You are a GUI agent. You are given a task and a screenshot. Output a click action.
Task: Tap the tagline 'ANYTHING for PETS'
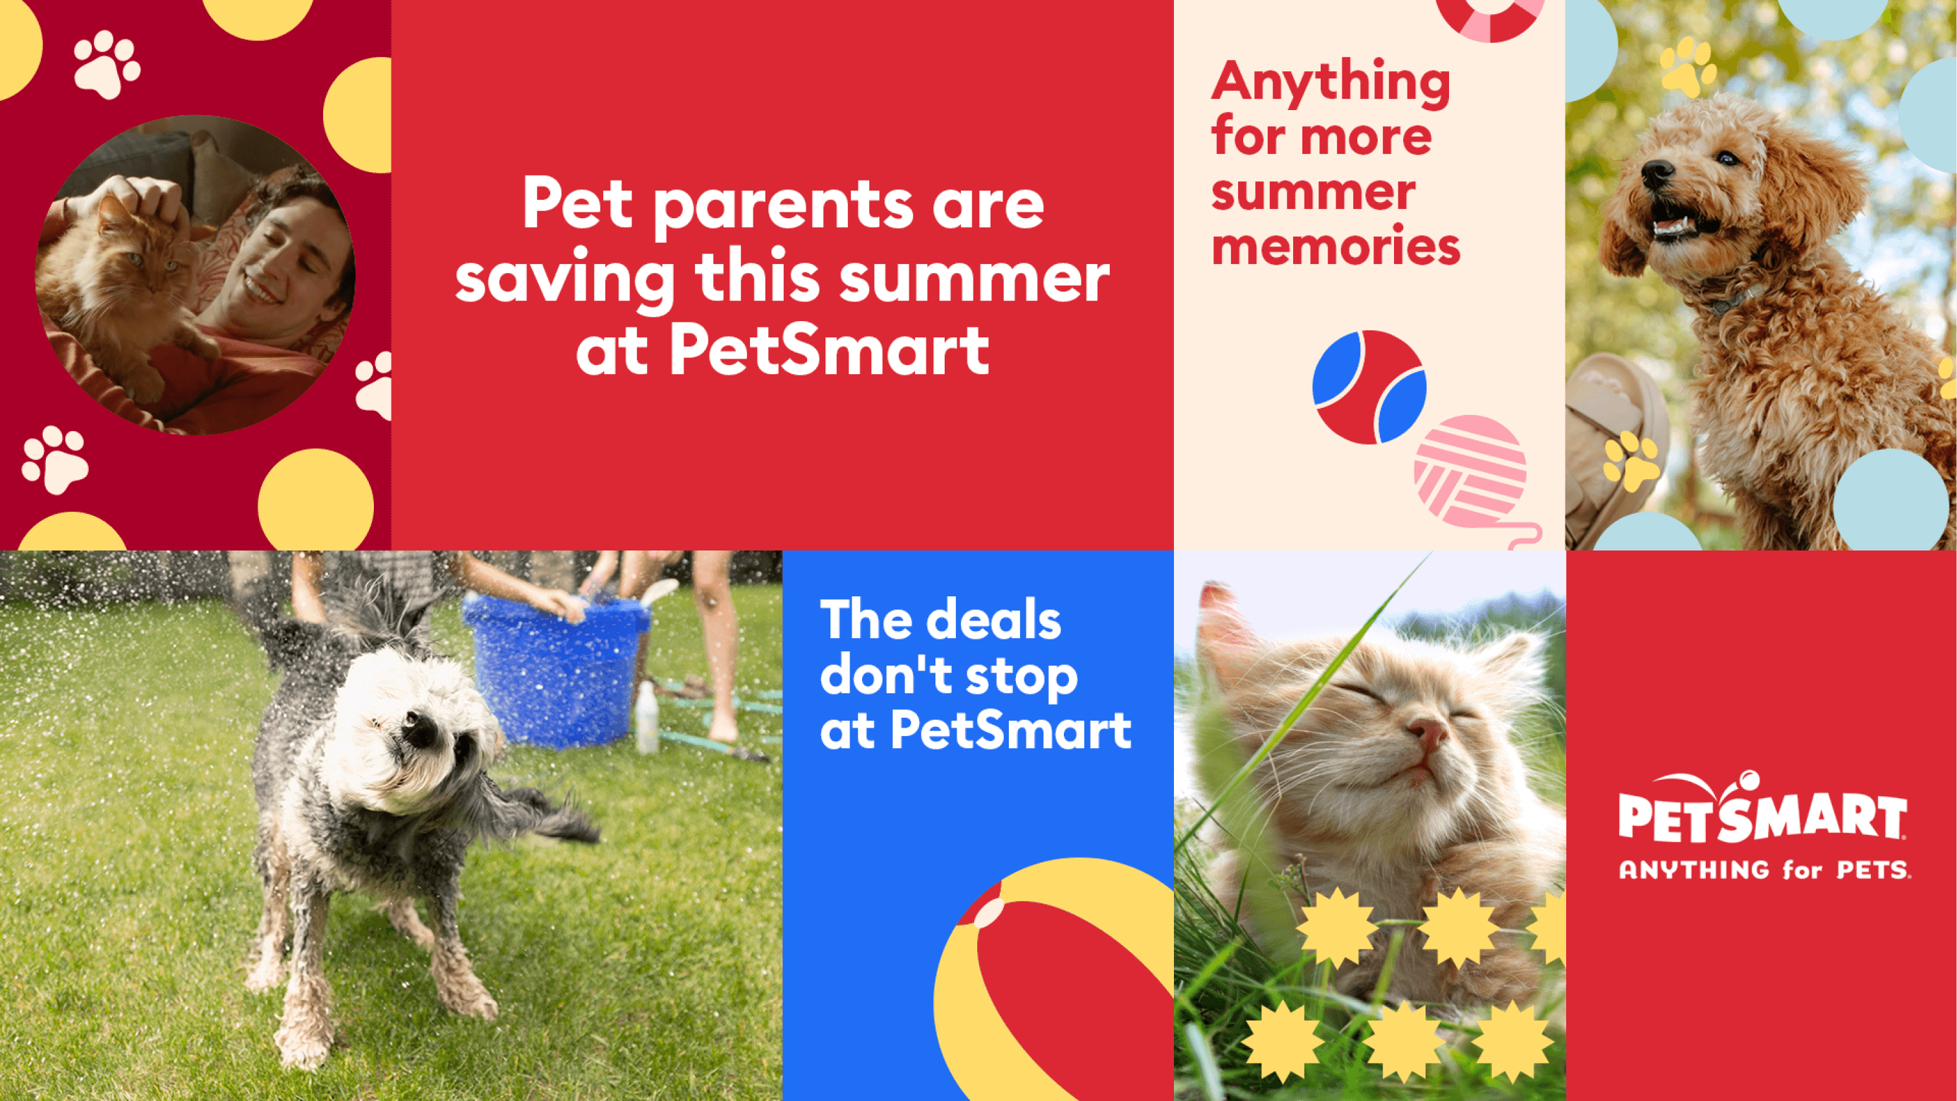click(1764, 870)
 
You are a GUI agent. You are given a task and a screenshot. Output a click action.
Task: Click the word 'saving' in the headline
click(564, 279)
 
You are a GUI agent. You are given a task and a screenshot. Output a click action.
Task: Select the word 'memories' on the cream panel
click(1335, 248)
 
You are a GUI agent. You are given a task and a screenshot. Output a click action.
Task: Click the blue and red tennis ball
click(1369, 387)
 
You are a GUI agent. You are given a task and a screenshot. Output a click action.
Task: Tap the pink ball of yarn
click(1470, 471)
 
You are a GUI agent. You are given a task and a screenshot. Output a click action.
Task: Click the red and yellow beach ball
click(1056, 988)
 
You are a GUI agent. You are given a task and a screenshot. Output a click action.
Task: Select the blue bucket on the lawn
click(555, 668)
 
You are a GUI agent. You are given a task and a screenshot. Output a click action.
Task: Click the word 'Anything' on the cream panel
click(1331, 82)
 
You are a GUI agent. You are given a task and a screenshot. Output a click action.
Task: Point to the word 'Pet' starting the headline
click(577, 204)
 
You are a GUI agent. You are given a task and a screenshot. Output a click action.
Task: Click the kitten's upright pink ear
click(1223, 623)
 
